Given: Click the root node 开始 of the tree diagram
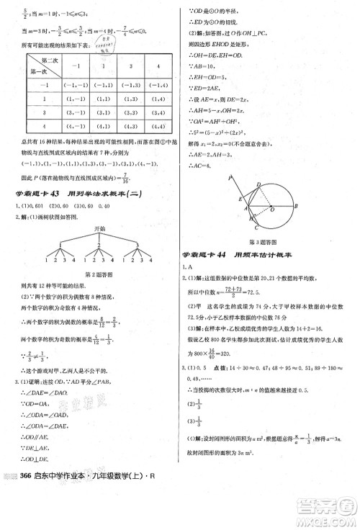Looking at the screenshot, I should tap(87, 228).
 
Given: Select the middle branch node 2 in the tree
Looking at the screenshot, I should tap(87, 245).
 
